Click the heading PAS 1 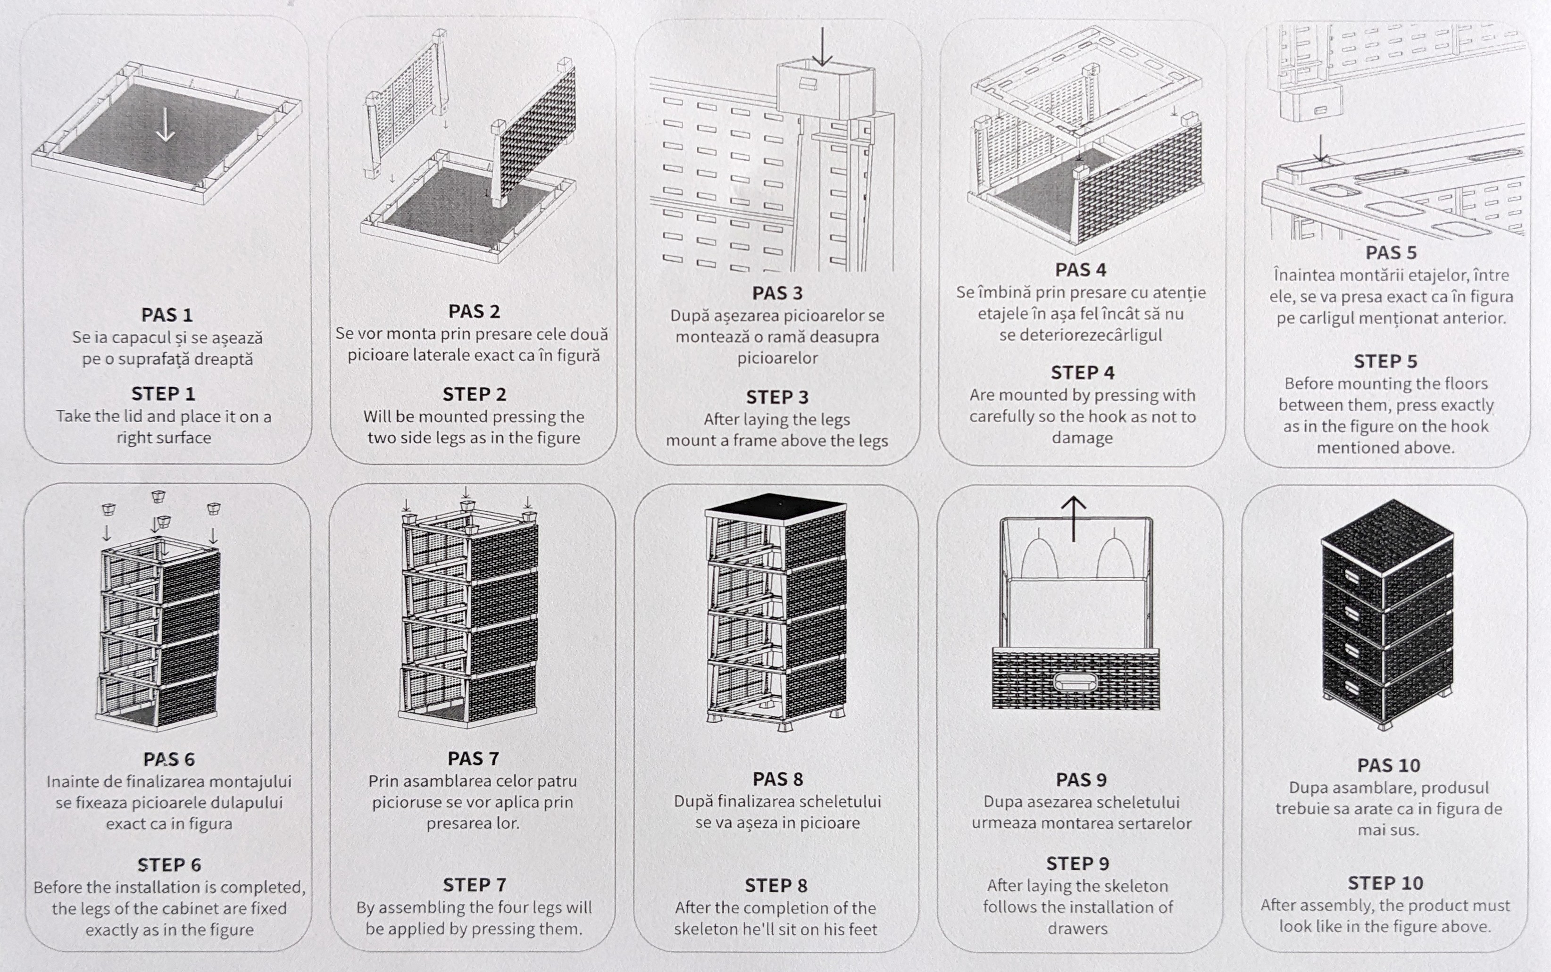click(x=167, y=315)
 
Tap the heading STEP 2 click(x=475, y=394)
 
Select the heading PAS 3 click(x=777, y=293)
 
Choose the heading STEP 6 click(x=169, y=864)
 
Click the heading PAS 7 click(x=473, y=758)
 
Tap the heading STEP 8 click(x=776, y=886)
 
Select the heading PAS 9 click(x=1082, y=780)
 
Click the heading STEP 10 click(x=1386, y=883)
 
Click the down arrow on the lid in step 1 click(x=165, y=124)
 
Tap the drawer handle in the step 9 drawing click(x=1076, y=681)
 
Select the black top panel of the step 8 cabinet click(x=775, y=508)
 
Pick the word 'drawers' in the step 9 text click(x=1078, y=928)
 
